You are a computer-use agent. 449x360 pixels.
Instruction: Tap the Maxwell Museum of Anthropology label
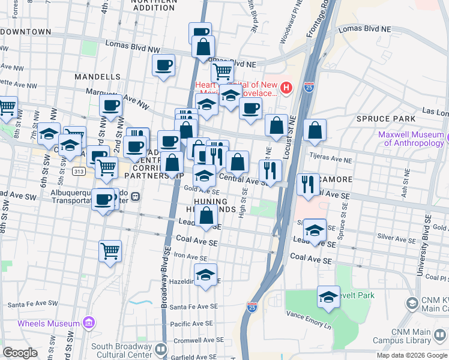[x=411, y=139]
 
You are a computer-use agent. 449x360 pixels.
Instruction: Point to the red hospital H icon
[x=286, y=89]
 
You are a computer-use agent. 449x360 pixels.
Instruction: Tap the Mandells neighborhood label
[x=98, y=77]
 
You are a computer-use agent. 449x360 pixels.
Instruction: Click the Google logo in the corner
[x=20, y=352]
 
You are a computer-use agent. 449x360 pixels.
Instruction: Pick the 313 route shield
[x=79, y=171]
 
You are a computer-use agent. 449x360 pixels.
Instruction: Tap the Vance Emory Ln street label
[x=309, y=314]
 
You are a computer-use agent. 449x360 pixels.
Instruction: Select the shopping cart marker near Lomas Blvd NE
[x=223, y=72]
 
